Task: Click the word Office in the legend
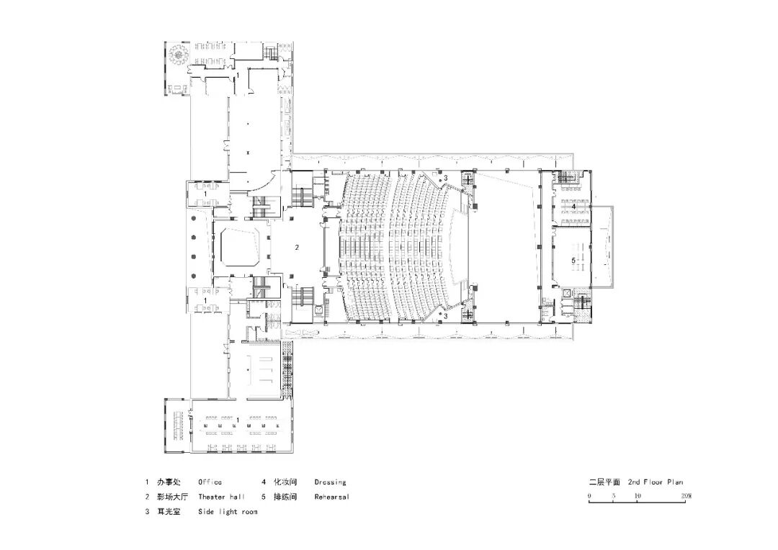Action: coord(210,482)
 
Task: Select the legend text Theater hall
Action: coord(221,497)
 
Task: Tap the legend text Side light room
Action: coord(228,512)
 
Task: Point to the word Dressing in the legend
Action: coord(330,482)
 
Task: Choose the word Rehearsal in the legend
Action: coord(331,497)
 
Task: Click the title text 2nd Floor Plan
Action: coord(656,482)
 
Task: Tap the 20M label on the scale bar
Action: coord(687,495)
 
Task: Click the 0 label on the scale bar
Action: coord(589,495)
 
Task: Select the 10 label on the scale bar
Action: coord(638,495)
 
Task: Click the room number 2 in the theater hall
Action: coord(297,247)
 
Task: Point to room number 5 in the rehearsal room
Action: coord(573,261)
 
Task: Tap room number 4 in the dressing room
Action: coord(573,206)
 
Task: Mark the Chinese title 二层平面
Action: coord(604,482)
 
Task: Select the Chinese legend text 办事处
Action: coord(169,482)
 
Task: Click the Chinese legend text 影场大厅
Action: coord(173,497)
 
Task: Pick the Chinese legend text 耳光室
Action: coord(169,512)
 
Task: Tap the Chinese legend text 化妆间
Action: coord(285,482)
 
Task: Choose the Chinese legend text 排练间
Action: coord(285,497)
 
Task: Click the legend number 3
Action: coord(147,512)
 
